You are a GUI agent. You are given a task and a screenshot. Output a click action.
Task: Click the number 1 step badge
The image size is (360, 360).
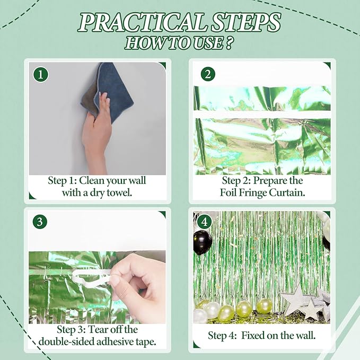click(41, 74)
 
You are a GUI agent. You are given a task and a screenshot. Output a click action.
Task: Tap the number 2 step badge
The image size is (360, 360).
click(208, 74)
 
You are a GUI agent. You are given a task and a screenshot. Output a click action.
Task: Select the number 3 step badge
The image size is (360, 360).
click(40, 222)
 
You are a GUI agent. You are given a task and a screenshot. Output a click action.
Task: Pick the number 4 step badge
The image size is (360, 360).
click(204, 222)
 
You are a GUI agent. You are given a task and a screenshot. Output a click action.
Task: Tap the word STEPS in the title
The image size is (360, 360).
click(245, 22)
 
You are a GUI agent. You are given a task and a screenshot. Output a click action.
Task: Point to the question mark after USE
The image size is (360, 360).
click(228, 43)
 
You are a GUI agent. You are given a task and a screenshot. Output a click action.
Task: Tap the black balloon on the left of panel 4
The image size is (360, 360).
click(203, 243)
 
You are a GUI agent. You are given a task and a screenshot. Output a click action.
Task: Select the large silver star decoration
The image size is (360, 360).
click(295, 298)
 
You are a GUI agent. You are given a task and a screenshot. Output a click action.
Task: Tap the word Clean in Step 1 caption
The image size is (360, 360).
click(91, 180)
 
